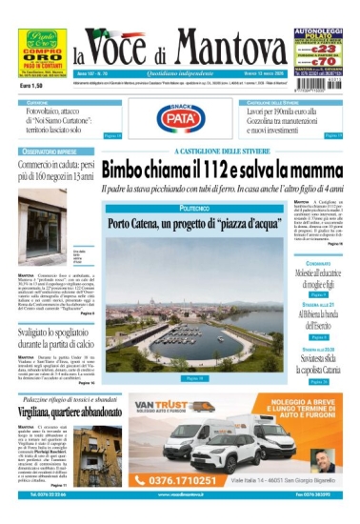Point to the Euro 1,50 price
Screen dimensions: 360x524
tap(35, 86)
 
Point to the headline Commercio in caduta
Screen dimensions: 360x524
tap(57, 171)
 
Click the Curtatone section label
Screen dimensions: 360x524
tap(38, 101)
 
